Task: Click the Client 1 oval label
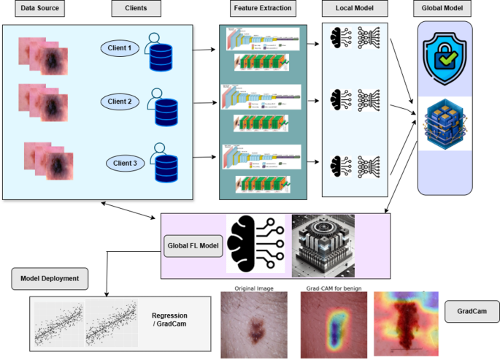pyautogui.click(x=120, y=49)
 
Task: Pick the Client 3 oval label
pyautogui.click(x=125, y=162)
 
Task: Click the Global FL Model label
pyautogui.click(x=194, y=246)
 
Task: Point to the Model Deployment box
pyautogui.click(x=50, y=278)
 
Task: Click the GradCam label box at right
pyautogui.click(x=472, y=313)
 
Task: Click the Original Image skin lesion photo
pyautogui.click(x=254, y=323)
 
